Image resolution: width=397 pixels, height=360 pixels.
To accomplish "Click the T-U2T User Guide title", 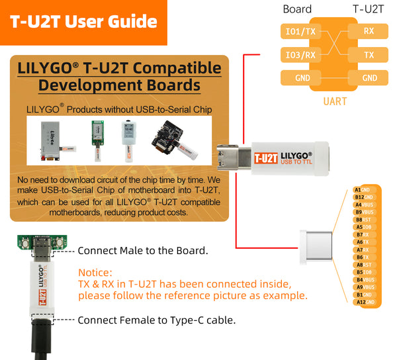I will coord(83,21).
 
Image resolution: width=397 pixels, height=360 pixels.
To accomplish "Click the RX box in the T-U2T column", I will coord(370,31).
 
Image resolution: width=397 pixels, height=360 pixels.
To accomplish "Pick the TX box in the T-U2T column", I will coord(370,54).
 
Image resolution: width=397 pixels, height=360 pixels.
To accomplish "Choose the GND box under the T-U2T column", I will coord(370,78).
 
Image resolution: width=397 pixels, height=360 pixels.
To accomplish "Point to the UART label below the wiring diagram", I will coord(335,101).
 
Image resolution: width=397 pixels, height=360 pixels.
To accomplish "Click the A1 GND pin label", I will coord(364,190).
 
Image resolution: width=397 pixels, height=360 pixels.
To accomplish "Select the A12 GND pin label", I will coord(364,302).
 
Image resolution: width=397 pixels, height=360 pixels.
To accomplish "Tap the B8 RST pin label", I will coord(364,220).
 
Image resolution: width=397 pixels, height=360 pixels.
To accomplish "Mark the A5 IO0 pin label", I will coord(364,227).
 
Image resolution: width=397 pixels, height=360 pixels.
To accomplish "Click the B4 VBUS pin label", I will coord(364,279).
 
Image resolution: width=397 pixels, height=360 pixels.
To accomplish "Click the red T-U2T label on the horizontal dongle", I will coord(265,157).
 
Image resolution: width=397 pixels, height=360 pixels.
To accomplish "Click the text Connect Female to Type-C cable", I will coord(156,320).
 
